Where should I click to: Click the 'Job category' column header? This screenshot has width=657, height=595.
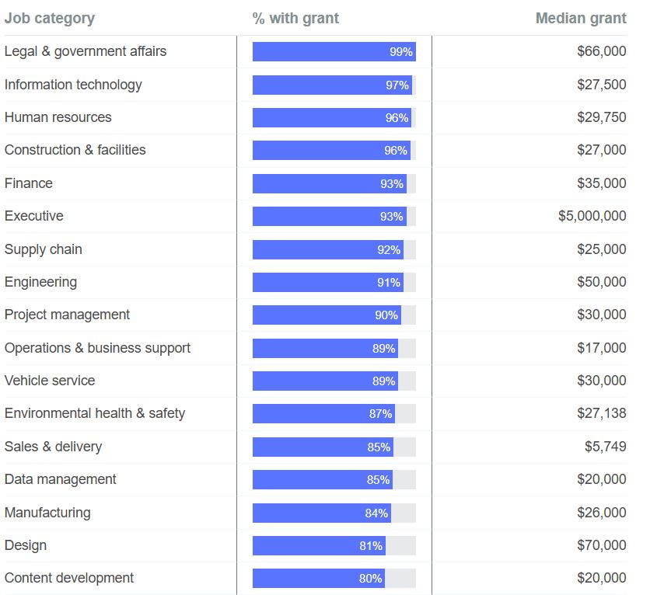point(50,18)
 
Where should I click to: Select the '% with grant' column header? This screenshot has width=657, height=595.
point(295,18)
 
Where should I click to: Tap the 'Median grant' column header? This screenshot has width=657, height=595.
point(581,18)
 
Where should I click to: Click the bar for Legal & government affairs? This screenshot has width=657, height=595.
point(334,52)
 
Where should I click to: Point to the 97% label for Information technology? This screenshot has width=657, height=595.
point(397,85)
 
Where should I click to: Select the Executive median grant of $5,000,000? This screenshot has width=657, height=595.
point(592,216)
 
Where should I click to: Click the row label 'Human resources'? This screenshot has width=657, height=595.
point(58,117)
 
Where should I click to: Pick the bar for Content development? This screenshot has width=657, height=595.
point(318,579)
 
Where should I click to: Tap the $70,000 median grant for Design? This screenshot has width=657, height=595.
point(601,545)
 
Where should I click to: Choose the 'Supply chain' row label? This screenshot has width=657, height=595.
point(44,249)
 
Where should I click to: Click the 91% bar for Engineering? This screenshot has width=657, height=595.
point(327,283)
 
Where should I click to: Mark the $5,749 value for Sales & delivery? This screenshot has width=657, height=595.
point(605,447)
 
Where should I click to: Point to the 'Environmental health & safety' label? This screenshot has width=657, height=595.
point(95,413)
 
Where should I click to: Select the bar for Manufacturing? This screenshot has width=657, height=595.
point(321,513)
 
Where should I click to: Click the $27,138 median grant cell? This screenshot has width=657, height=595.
point(601,413)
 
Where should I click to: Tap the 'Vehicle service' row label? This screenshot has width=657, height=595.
point(50,381)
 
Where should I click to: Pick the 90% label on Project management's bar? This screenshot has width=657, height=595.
point(386,315)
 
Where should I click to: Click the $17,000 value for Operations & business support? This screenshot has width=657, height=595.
point(601,348)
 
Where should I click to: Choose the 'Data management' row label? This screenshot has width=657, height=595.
point(61,479)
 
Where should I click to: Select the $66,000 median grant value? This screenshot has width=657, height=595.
point(601,51)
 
